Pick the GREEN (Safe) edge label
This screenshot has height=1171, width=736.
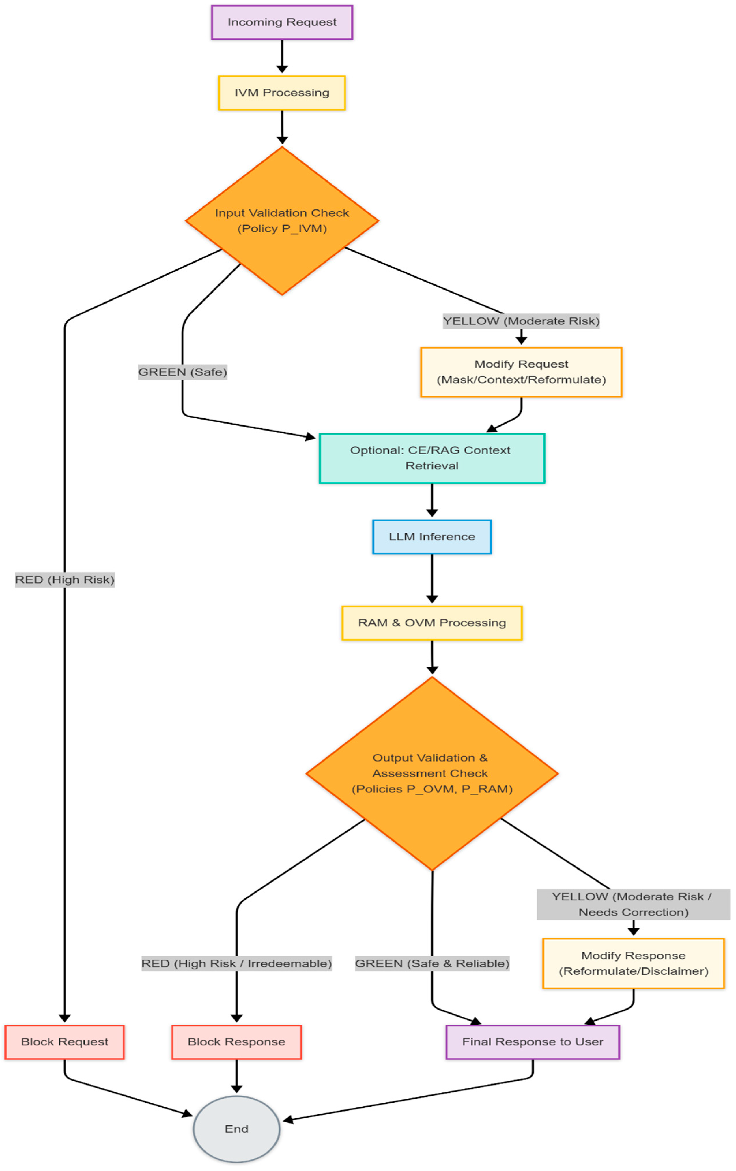pyautogui.click(x=182, y=372)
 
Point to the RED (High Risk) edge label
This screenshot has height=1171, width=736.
pyautogui.click(x=65, y=579)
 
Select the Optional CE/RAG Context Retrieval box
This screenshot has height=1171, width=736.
pyautogui.click(x=432, y=458)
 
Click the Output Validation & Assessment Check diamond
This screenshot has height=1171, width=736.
pyautogui.click(x=432, y=773)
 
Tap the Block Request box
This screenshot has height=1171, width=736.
pyautogui.click(x=65, y=1042)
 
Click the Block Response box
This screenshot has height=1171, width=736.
pyautogui.click(x=236, y=1042)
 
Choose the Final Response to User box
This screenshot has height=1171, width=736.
pyautogui.click(x=532, y=1042)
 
